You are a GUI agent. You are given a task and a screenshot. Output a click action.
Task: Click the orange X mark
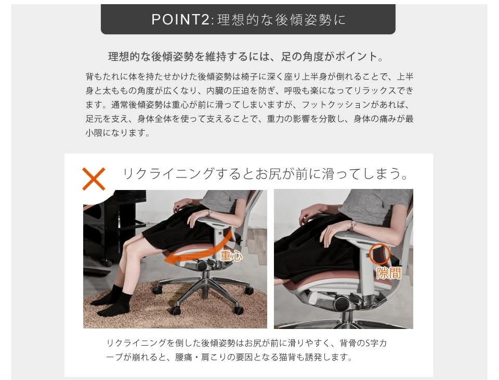[94, 179]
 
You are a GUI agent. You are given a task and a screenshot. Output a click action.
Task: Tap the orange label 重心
[231, 256]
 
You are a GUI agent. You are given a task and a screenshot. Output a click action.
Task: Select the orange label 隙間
[389, 273]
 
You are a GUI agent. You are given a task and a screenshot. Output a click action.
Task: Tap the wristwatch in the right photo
[353, 225]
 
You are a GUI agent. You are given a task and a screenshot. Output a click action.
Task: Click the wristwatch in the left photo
[208, 213]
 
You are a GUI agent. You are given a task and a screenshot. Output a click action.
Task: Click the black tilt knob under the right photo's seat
[343, 303]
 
